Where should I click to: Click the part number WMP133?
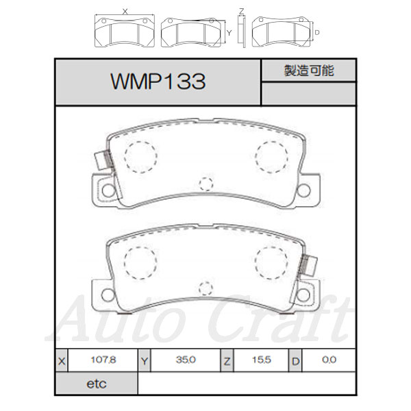(x=158, y=82)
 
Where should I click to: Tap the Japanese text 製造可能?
(x=309, y=71)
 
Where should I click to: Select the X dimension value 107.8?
(x=103, y=360)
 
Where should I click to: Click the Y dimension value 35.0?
(x=186, y=360)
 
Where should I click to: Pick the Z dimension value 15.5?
(x=262, y=360)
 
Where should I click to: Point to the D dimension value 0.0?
(x=329, y=360)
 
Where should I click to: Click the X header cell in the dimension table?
(x=62, y=361)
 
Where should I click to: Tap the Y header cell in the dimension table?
(x=145, y=361)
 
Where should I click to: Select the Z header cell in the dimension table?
(x=227, y=361)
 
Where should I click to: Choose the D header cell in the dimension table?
(x=295, y=361)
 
